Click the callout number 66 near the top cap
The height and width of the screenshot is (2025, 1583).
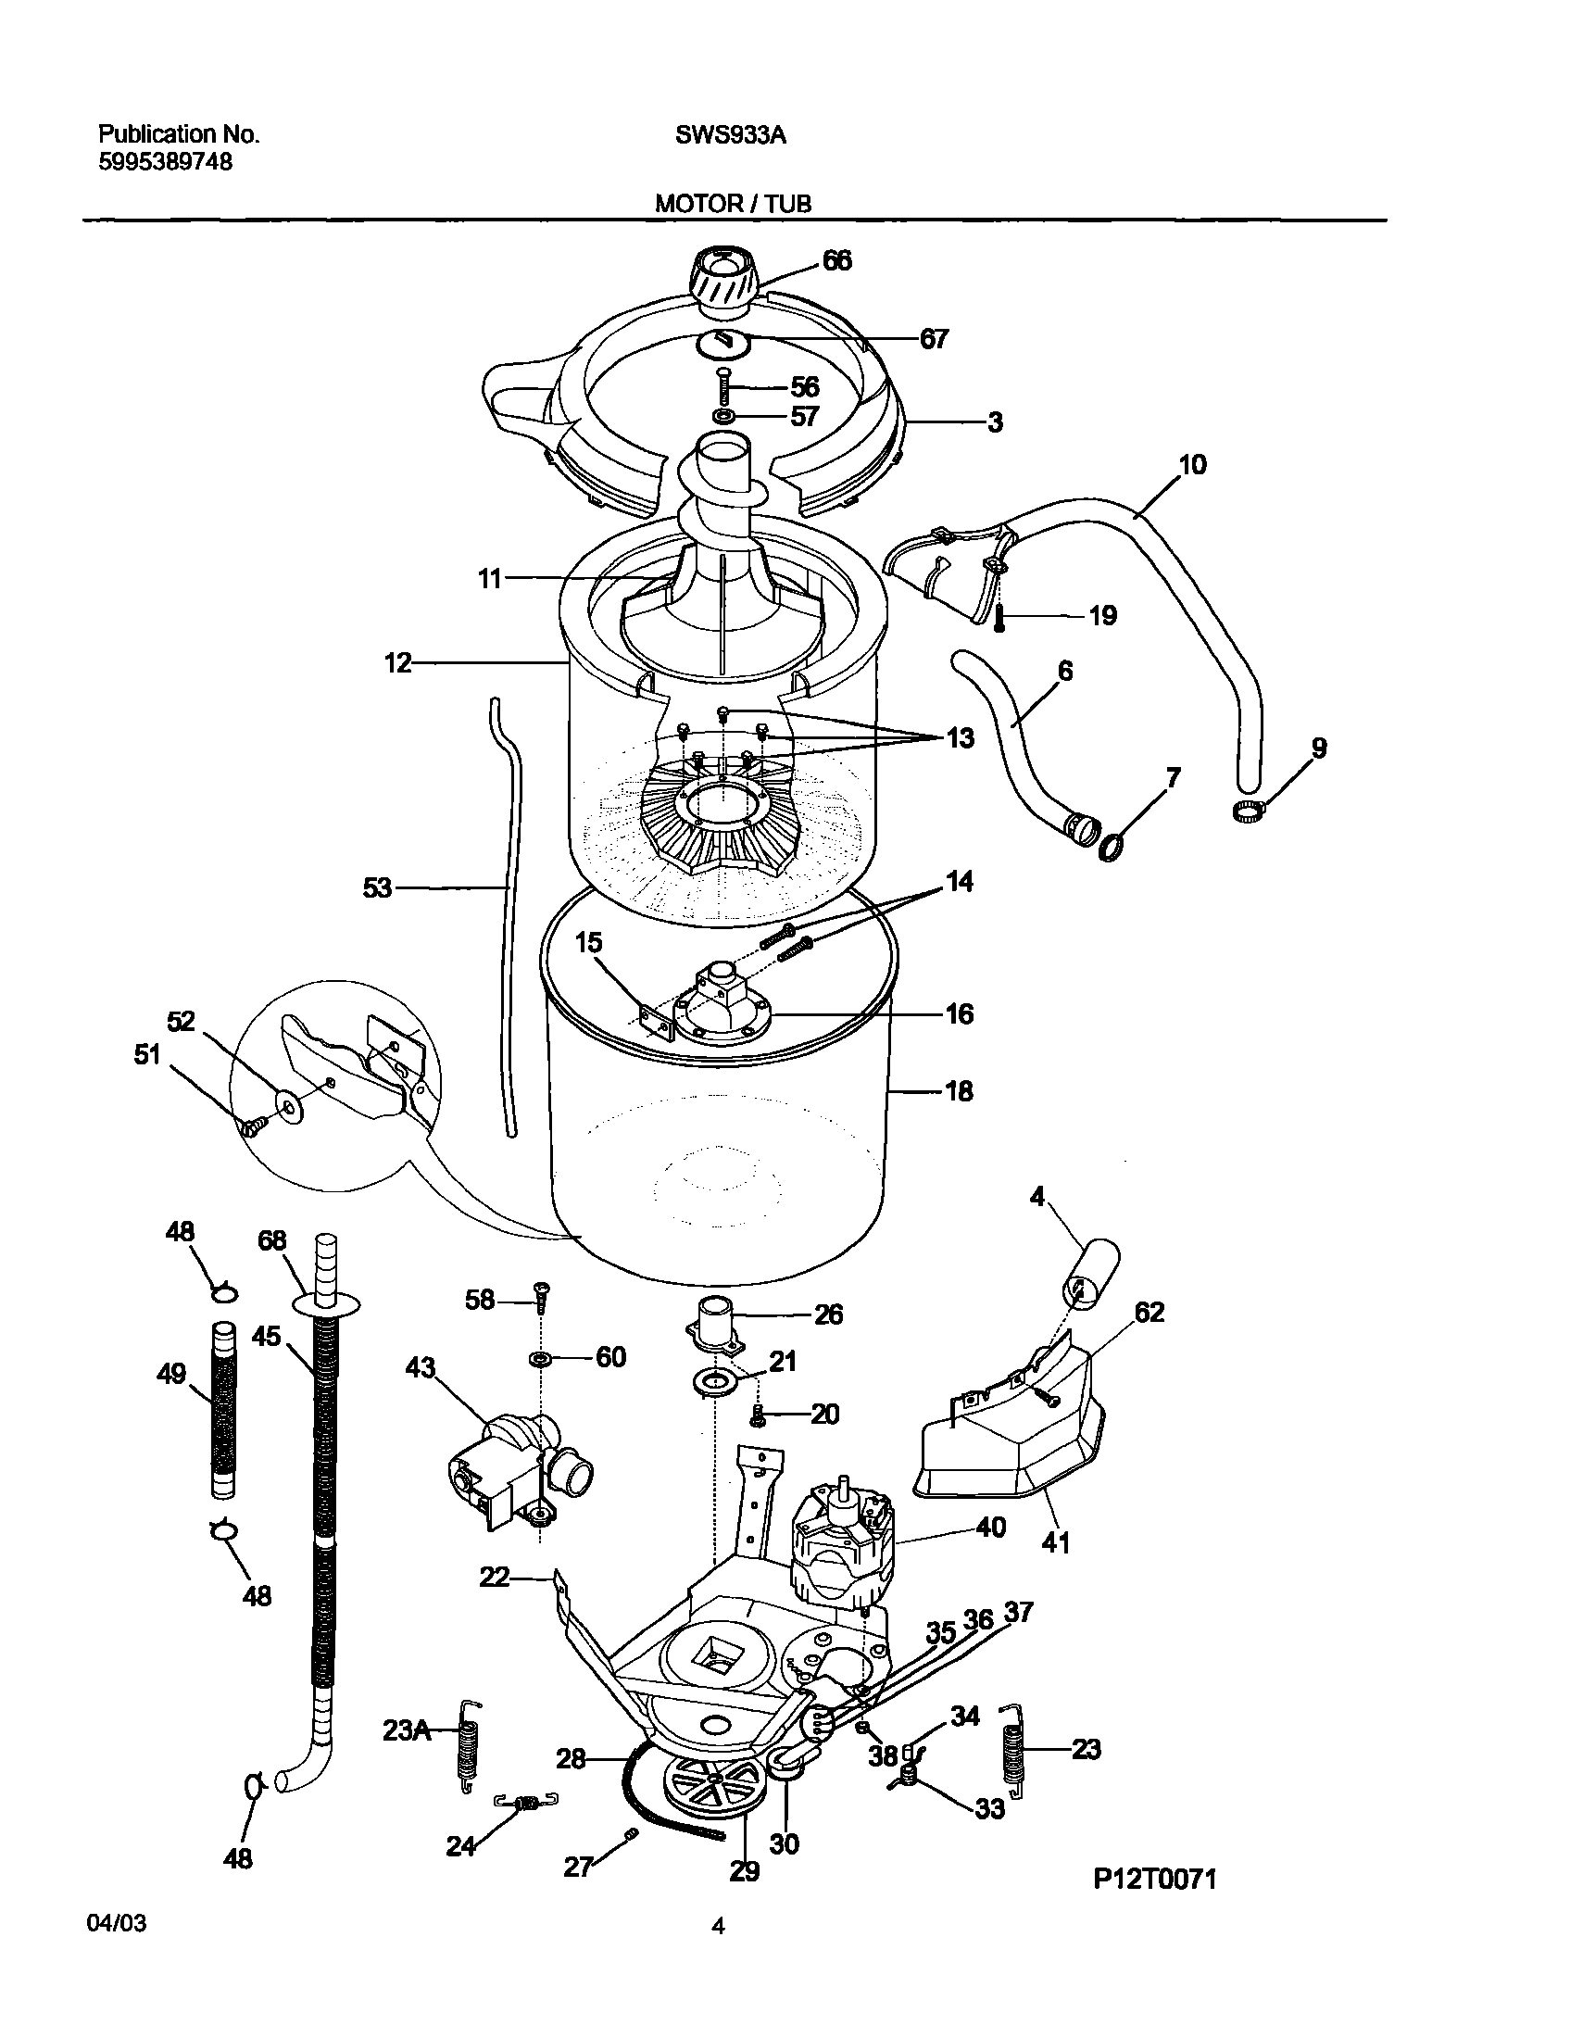[836, 261]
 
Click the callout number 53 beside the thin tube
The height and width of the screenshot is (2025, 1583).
[376, 889]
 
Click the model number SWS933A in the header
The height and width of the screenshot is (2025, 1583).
[730, 135]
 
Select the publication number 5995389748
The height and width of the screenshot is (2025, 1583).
[165, 162]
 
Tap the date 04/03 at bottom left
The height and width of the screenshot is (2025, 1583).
[116, 1949]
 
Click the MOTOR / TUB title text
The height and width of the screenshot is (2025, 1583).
[733, 204]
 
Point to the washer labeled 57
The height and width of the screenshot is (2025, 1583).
[723, 415]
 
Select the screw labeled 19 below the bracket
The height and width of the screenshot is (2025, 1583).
[999, 618]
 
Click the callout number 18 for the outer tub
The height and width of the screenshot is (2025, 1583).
[958, 1091]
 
